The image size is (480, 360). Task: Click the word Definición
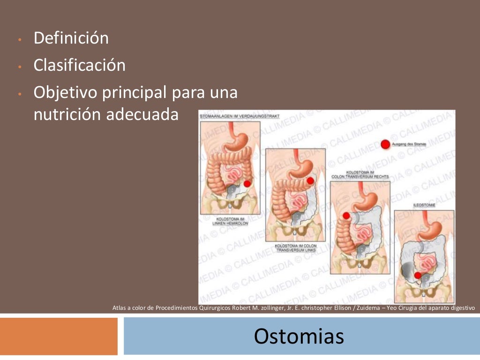[71, 38]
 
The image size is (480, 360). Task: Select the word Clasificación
[79, 66]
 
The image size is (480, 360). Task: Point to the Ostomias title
[299, 336]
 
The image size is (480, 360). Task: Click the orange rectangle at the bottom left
[59, 336]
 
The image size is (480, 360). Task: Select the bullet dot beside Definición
[20, 40]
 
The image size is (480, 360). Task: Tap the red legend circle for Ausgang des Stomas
[385, 144]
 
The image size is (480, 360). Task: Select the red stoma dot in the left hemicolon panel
[247, 184]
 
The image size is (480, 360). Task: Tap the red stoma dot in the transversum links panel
[310, 180]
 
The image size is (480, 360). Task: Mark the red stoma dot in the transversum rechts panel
[346, 216]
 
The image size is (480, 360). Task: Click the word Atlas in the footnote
[119, 308]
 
